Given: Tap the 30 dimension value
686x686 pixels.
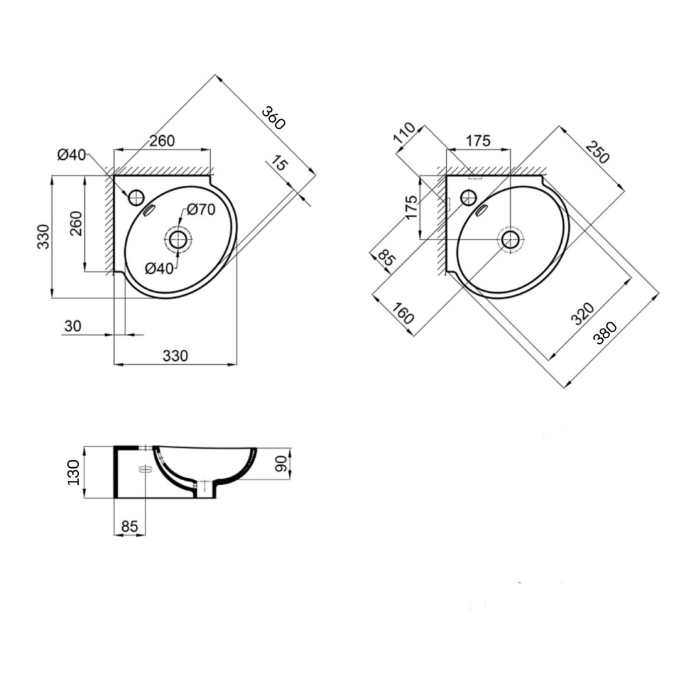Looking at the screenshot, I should pyautogui.click(x=72, y=326).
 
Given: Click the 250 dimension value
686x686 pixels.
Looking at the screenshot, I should pyautogui.click(x=597, y=152).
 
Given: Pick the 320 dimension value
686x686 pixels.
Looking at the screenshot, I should pyautogui.click(x=582, y=312).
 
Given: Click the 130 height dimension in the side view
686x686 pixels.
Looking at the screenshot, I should pyautogui.click(x=73, y=473).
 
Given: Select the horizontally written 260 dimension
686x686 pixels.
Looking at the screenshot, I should pyautogui.click(x=162, y=141).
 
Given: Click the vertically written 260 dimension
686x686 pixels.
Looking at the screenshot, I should pyautogui.click(x=75, y=224).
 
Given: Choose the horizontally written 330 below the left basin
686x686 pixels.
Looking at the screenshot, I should pyautogui.click(x=174, y=355).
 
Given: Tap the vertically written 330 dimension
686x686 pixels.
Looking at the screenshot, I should pyautogui.click(x=43, y=236).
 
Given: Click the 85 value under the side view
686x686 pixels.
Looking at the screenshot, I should pyautogui.click(x=129, y=526).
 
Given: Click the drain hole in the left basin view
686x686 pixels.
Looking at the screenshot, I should pyautogui.click(x=178, y=239).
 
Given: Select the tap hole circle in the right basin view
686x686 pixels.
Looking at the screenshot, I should pyautogui.click(x=469, y=198).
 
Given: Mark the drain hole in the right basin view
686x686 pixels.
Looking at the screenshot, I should pyautogui.click(x=510, y=239).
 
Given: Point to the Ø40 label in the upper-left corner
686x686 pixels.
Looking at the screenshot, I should pyautogui.click(x=71, y=155).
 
